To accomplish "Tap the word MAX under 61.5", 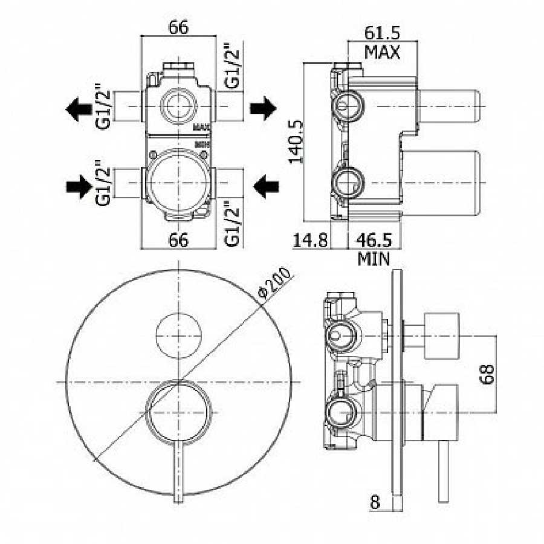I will [x=382, y=52].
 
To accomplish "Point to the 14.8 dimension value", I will [x=310, y=240].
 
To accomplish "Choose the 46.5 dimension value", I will [x=375, y=240].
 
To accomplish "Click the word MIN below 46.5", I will [x=374, y=259].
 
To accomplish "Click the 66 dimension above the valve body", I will [x=178, y=27].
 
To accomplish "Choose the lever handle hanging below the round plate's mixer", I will [x=179, y=471].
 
